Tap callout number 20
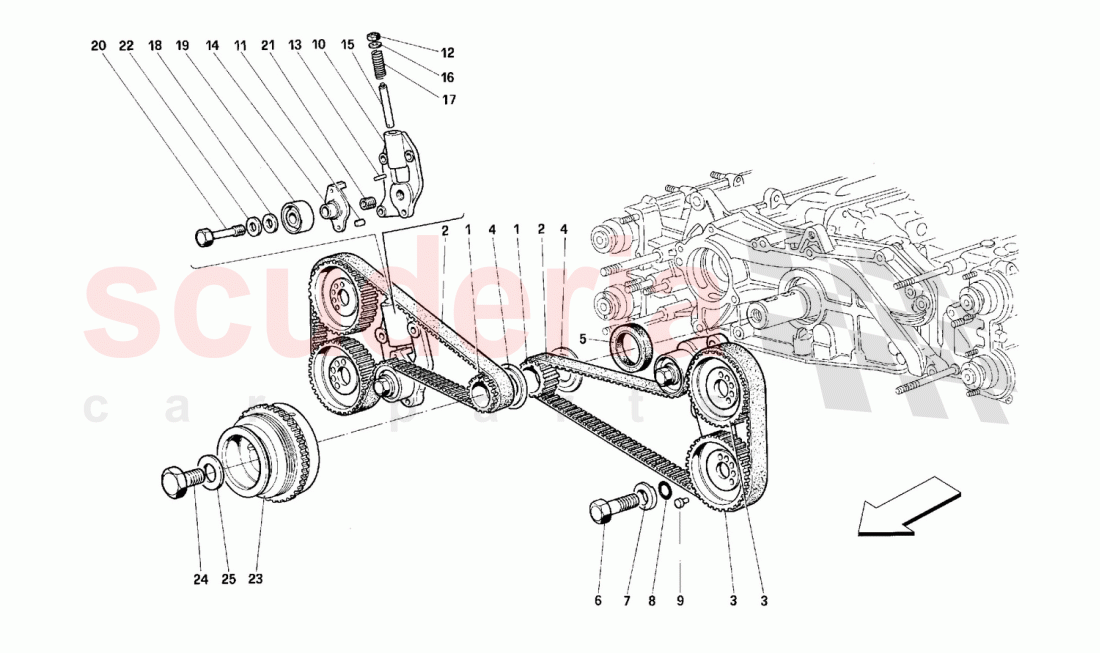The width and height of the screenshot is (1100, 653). [x=97, y=46]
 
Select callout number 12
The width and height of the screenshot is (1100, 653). [x=446, y=53]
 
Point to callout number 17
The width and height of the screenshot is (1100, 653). [x=446, y=99]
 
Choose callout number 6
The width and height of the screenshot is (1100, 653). [x=599, y=601]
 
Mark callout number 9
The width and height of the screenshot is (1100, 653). [x=681, y=601]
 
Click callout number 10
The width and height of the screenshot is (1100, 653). [x=319, y=46]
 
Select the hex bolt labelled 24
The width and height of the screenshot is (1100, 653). [x=179, y=481]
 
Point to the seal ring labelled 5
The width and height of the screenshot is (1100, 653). [x=633, y=349]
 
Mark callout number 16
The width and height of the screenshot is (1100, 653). [x=446, y=76]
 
